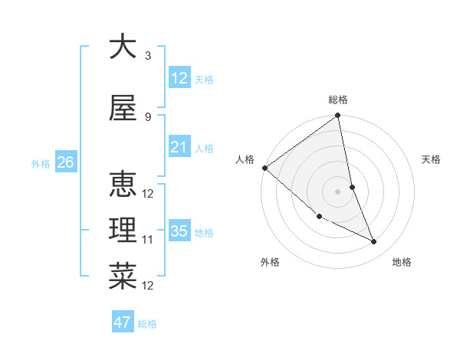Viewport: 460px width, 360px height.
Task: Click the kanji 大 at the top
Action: click(123, 47)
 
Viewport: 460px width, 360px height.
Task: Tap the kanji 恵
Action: click(123, 184)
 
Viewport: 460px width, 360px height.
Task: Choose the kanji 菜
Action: click(123, 276)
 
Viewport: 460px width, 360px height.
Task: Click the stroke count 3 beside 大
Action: click(147, 55)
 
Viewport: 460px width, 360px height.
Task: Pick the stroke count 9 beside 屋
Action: click(147, 116)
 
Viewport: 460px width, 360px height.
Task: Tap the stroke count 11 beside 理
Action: click(148, 240)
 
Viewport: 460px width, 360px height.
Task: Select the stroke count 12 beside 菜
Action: click(148, 286)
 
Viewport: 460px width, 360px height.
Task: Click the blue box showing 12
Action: click(179, 77)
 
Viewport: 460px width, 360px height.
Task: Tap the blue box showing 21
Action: click(179, 147)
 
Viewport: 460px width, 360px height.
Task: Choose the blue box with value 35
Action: click(179, 231)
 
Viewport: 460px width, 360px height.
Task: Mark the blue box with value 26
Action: click(65, 162)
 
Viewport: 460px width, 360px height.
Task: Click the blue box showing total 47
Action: click(123, 322)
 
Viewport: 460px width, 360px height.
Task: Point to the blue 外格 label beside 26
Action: click(40, 164)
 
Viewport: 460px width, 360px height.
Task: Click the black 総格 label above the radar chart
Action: click(338, 100)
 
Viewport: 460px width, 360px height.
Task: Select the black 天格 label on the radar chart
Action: click(432, 159)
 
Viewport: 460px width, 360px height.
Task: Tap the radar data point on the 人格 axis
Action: click(264, 168)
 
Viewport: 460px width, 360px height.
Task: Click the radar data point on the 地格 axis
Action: click(374, 242)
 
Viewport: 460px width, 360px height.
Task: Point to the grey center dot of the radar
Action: click(338, 191)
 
